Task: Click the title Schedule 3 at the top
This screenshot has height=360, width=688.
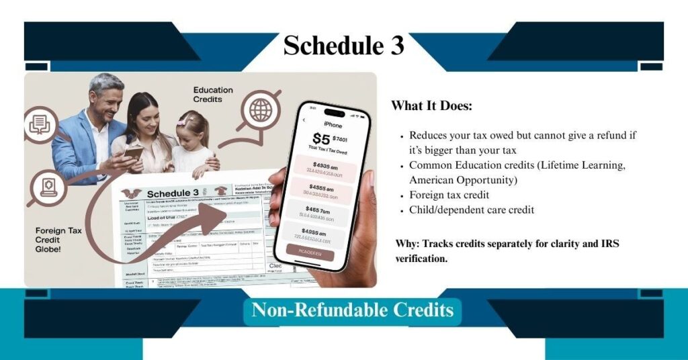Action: (x=343, y=46)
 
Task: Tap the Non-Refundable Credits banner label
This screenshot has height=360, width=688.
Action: (x=353, y=310)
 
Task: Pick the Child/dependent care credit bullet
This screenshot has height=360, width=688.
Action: (x=472, y=210)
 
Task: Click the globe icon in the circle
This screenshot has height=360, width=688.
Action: (x=261, y=109)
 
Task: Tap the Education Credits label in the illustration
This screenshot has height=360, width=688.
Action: (x=213, y=94)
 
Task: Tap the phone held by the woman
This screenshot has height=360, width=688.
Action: (x=132, y=154)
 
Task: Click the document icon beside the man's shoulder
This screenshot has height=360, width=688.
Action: (x=42, y=124)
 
